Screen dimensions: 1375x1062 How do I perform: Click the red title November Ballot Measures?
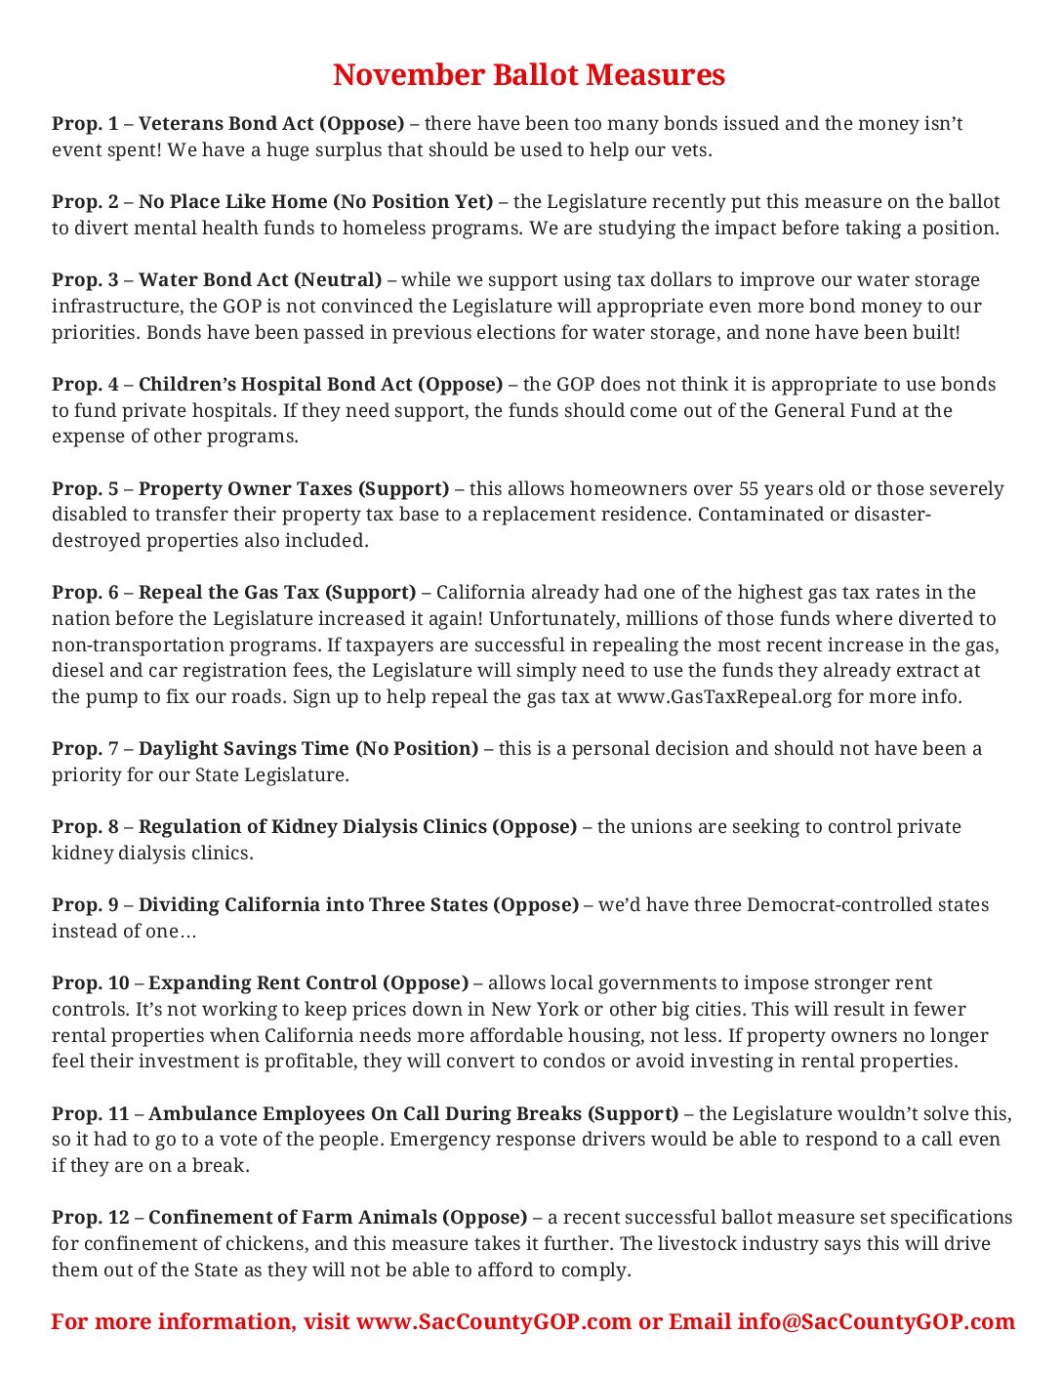(x=529, y=75)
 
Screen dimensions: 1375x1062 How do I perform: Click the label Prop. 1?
(x=85, y=124)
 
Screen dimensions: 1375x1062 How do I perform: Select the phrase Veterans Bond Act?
(x=226, y=124)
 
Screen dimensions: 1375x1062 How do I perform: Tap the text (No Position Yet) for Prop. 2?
(x=413, y=202)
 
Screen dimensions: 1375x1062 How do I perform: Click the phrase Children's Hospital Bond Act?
(x=275, y=385)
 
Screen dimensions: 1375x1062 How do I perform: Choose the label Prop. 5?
(x=85, y=488)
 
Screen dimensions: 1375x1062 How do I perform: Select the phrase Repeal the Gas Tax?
(x=228, y=593)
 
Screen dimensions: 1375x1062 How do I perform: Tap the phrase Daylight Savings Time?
(x=243, y=749)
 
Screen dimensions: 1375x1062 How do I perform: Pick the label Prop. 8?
(x=85, y=827)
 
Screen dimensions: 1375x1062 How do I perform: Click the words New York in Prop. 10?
(x=532, y=1010)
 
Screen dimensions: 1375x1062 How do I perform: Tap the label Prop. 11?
(x=90, y=1114)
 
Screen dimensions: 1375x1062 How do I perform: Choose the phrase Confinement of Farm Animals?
(x=293, y=1218)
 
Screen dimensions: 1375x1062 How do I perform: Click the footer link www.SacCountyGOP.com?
(x=494, y=1322)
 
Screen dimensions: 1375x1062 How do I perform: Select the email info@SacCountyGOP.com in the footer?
(x=876, y=1322)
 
